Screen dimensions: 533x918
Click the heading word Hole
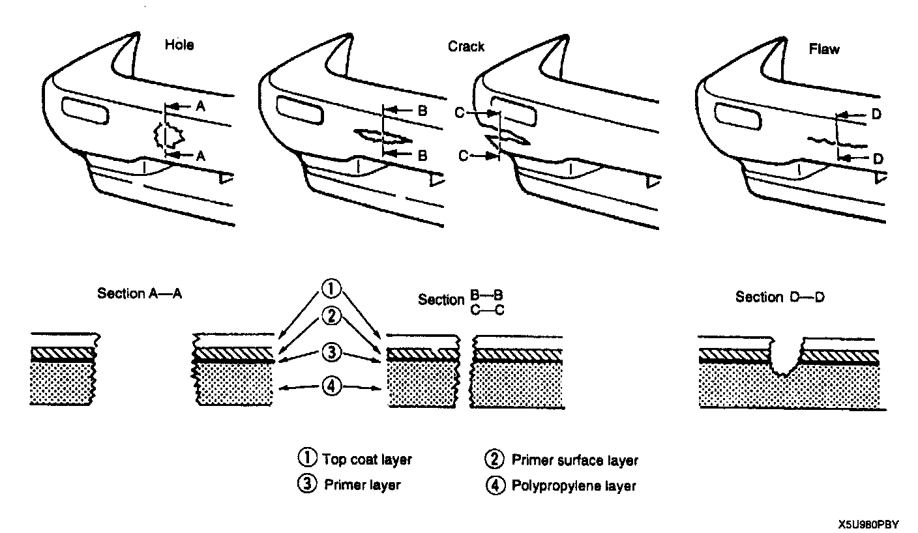click(179, 46)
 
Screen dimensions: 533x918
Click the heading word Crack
click(466, 47)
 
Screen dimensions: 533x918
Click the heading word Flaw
click(824, 49)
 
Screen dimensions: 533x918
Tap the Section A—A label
click(140, 293)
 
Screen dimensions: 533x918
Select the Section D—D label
click(780, 297)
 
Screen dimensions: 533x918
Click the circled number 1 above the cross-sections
click(331, 288)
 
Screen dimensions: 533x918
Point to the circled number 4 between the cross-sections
click(331, 388)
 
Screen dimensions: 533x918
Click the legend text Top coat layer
click(367, 459)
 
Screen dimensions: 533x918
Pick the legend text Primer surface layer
click(574, 460)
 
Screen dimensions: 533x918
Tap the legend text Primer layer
click(362, 485)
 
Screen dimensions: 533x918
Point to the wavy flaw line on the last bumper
click(822, 140)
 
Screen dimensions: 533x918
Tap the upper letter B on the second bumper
click(422, 111)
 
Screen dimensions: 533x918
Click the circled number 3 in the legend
click(306, 485)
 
